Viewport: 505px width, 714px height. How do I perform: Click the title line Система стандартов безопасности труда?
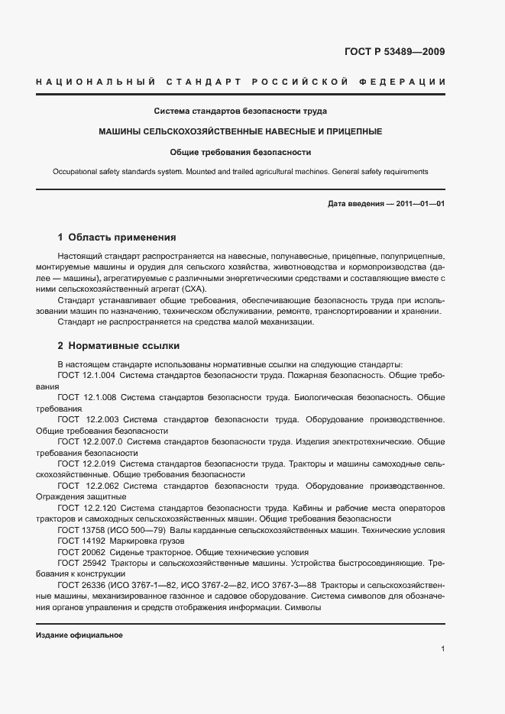[x=241, y=111]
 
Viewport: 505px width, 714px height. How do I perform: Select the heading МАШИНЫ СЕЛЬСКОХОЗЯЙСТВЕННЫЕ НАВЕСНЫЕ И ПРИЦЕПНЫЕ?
[x=241, y=131]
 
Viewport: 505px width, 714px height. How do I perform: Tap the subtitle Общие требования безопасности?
[x=241, y=152]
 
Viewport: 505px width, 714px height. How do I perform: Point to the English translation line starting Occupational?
[x=241, y=172]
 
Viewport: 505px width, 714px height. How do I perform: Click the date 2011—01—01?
[x=419, y=204]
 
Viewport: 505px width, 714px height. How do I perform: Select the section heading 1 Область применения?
[x=117, y=237]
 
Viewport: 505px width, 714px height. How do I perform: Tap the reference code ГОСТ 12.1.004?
[x=86, y=376]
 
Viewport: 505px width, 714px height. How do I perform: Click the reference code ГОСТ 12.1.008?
[x=86, y=398]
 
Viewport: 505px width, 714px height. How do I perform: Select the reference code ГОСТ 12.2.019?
[x=86, y=464]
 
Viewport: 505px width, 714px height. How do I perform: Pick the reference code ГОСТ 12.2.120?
[x=86, y=507]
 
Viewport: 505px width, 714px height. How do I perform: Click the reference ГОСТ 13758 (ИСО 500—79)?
[x=112, y=530]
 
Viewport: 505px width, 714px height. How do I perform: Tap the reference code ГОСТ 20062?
[x=82, y=551]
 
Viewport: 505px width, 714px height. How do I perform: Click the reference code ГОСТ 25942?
[x=82, y=563]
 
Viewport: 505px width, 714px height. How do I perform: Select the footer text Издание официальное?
[x=79, y=635]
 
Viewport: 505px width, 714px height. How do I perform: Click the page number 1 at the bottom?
[x=443, y=649]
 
